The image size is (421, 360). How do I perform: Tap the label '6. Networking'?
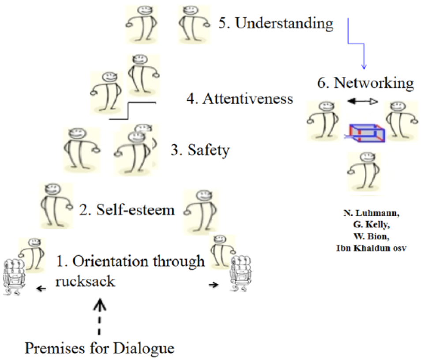coord(365,83)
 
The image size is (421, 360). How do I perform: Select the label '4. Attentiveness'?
coord(240,99)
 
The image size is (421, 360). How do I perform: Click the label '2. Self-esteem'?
coord(127,210)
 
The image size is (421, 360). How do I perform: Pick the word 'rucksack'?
coord(85,281)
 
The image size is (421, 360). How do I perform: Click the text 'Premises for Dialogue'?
coord(99,348)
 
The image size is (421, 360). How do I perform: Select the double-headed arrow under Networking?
coord(362,102)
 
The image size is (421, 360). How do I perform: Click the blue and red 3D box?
coord(365,133)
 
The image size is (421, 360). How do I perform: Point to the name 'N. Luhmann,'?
coord(371,213)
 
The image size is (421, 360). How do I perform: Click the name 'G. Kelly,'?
coord(372,224)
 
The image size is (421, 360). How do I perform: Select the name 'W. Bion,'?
coord(372,236)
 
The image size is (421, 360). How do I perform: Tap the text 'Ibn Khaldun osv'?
coord(371,248)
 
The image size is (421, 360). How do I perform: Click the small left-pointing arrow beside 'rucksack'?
coord(41,289)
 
